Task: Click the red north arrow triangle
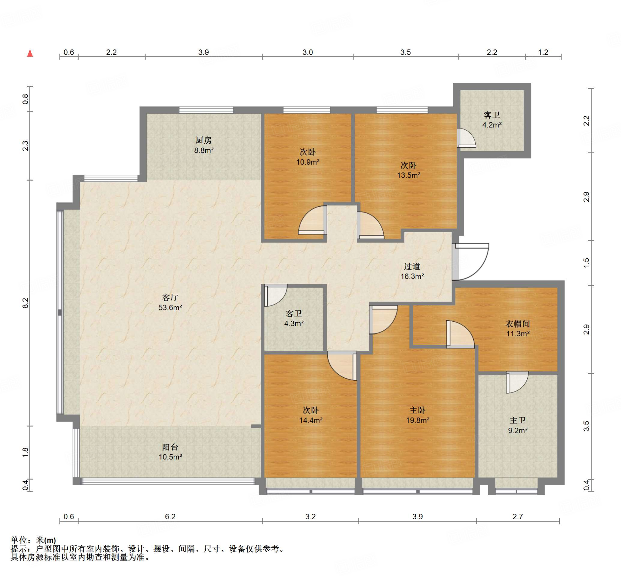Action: click(30, 53)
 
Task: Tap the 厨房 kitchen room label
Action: click(204, 140)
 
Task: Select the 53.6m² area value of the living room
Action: click(170, 308)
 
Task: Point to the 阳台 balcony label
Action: click(170, 447)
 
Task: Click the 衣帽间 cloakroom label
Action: click(518, 324)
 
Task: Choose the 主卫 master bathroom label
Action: click(518, 421)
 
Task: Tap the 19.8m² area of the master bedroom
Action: click(417, 420)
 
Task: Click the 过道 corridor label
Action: click(412, 266)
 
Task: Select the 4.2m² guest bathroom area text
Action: click(492, 125)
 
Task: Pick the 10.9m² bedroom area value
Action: click(308, 162)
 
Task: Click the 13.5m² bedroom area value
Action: click(408, 175)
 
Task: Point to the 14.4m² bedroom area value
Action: click(310, 420)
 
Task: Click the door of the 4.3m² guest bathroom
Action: click(276, 295)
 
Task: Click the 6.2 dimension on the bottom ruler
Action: click(170, 516)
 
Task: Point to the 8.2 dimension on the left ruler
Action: click(25, 302)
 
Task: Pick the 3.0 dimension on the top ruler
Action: click(308, 52)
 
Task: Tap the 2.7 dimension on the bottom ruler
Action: click(518, 516)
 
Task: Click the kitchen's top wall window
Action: click(206, 110)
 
